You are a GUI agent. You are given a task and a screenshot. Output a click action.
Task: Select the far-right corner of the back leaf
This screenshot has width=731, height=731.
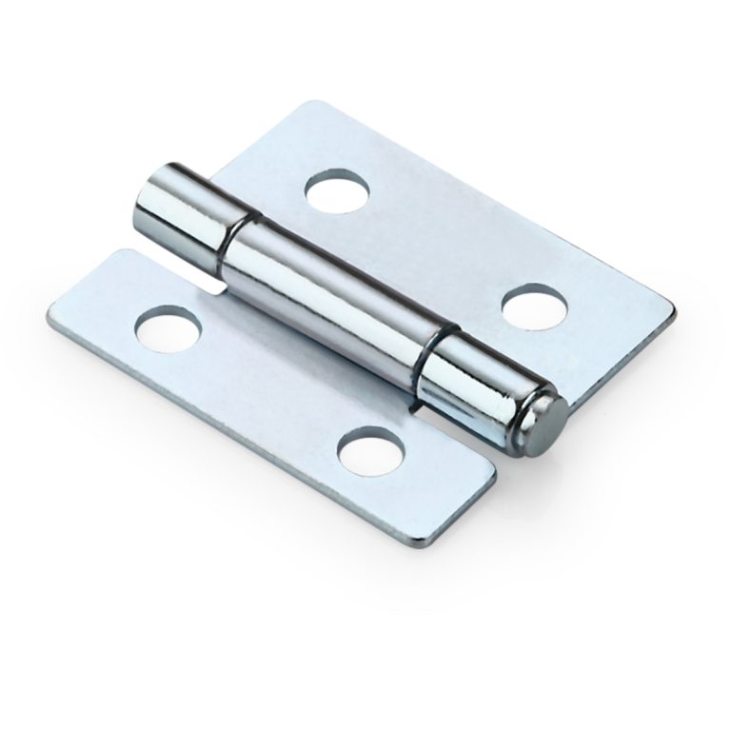[674, 310]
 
